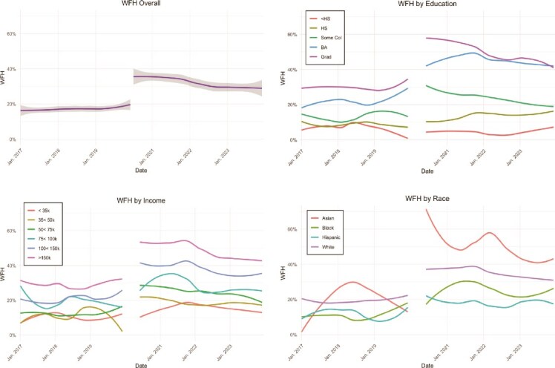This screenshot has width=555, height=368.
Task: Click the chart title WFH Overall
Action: point(139,6)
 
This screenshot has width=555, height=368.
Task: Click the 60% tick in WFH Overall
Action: point(13,34)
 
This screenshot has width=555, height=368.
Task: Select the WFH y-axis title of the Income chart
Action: point(4,274)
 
